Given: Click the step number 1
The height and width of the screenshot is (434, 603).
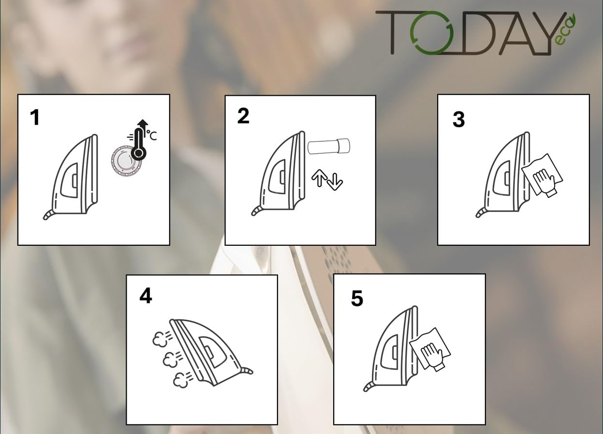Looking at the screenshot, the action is point(35,118).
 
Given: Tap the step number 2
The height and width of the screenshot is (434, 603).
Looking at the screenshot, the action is point(243,117).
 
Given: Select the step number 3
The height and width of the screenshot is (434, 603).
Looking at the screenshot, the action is point(459,120).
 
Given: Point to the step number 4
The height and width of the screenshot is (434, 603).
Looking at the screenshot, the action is point(146,296).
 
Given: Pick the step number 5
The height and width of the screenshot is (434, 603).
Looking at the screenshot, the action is point(357,298).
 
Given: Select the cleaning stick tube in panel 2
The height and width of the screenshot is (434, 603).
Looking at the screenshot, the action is point(329,146).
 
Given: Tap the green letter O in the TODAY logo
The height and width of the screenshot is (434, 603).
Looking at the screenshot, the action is point(431,32).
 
